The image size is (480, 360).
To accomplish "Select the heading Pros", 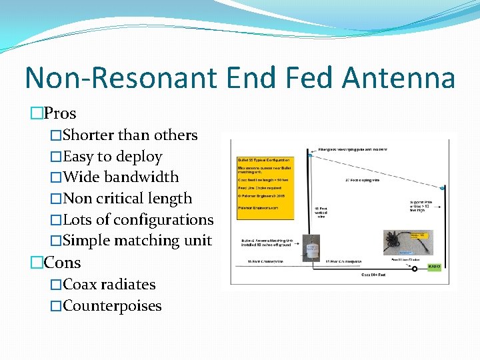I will [x=60, y=113].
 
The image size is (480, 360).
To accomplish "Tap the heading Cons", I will [x=62, y=263].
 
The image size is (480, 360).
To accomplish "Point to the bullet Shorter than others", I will [x=129, y=135].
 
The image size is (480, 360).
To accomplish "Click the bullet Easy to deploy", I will [x=112, y=157].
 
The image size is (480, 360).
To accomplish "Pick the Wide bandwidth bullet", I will [x=121, y=177].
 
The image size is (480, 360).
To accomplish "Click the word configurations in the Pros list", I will [x=163, y=220].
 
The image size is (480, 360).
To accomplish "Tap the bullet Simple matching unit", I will [x=137, y=241].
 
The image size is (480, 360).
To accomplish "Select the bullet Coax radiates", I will [x=108, y=285].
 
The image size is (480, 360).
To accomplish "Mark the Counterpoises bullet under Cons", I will [x=112, y=306].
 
